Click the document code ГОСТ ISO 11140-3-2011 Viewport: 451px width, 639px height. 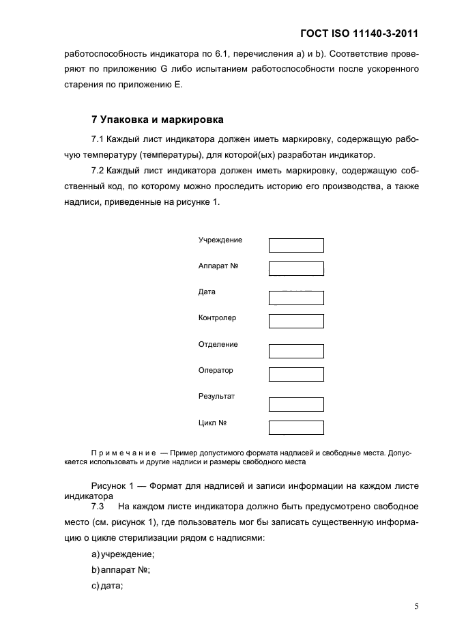(358, 33)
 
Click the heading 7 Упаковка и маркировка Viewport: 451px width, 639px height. (157, 119)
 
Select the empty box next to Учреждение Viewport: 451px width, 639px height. (296, 246)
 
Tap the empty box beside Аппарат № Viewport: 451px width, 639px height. (296, 268)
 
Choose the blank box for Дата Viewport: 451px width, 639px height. (296, 298)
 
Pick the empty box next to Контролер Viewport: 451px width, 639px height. (296, 321)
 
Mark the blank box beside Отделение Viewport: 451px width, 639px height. (296, 351)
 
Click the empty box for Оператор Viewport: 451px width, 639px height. (296, 374)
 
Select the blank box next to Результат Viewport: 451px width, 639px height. (296, 404)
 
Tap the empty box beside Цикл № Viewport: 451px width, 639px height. (296, 427)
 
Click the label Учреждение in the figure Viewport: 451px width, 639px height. (220, 240)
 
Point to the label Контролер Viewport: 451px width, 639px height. (217, 318)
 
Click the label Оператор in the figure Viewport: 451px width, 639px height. (216, 371)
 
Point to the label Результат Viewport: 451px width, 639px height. (216, 397)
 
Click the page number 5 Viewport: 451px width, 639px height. (416, 606)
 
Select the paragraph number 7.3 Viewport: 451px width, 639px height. (97, 507)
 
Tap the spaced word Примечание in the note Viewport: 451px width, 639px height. (123, 453)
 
